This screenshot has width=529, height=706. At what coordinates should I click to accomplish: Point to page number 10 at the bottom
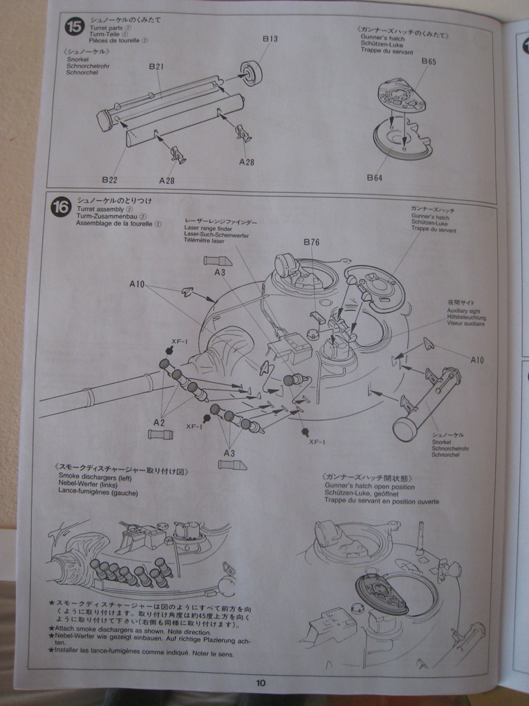coord(260,682)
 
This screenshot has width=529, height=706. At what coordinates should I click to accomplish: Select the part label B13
coord(270,39)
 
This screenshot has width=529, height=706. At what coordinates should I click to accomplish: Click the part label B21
coord(156,66)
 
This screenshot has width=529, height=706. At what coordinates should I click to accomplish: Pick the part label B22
coord(109,180)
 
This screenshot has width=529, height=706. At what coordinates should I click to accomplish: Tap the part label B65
coord(429,62)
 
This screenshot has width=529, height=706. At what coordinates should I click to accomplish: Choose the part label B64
coord(374,178)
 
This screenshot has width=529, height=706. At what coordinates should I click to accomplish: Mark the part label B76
coord(312,242)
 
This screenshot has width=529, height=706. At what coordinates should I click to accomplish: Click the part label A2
coord(158,422)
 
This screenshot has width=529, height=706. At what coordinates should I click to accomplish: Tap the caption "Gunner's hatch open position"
coord(366,487)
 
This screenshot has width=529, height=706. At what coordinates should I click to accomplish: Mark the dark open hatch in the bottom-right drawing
coord(380,592)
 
